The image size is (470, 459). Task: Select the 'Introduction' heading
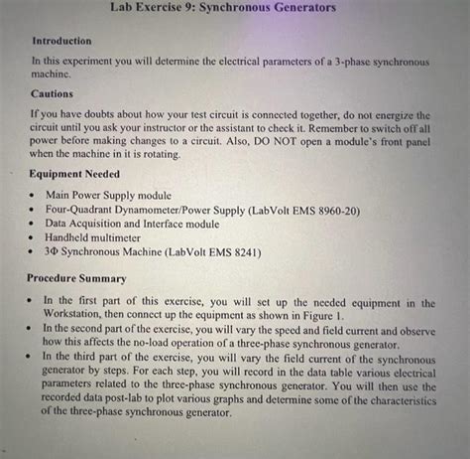coord(61,41)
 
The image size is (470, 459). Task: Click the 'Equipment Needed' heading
coord(76,174)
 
